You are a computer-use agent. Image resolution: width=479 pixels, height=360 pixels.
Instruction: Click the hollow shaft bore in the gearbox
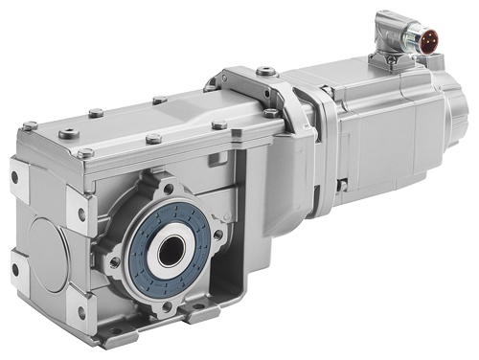click(x=171, y=252)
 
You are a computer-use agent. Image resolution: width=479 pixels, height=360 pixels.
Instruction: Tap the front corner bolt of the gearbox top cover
click(x=85, y=153)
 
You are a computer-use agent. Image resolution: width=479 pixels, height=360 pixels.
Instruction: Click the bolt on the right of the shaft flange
click(x=219, y=233)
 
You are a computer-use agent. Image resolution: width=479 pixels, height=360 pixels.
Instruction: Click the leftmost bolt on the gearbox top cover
click(x=31, y=125)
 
